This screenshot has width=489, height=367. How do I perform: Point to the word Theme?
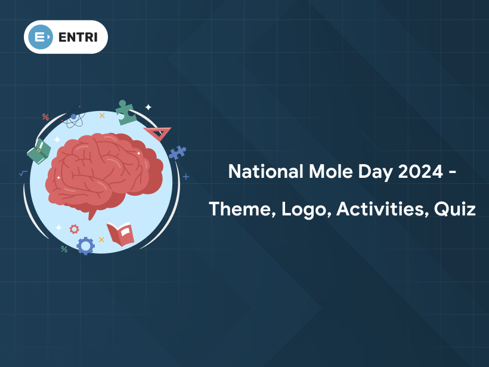coord(240,209)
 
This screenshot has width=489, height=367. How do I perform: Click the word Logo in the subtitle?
coord(301,209)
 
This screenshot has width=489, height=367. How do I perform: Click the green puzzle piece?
coord(125,112)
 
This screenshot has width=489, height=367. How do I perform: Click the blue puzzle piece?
coord(177,153)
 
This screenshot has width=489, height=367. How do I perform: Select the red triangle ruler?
coord(159,133)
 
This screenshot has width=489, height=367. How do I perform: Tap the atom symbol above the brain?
coord(73,118)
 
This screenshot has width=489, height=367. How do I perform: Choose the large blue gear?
coord(85,245)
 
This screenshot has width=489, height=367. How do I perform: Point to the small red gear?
coord(74,229)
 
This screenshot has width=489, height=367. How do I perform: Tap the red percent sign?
coord(45,117)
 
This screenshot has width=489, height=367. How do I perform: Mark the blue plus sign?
coord(186,177)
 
